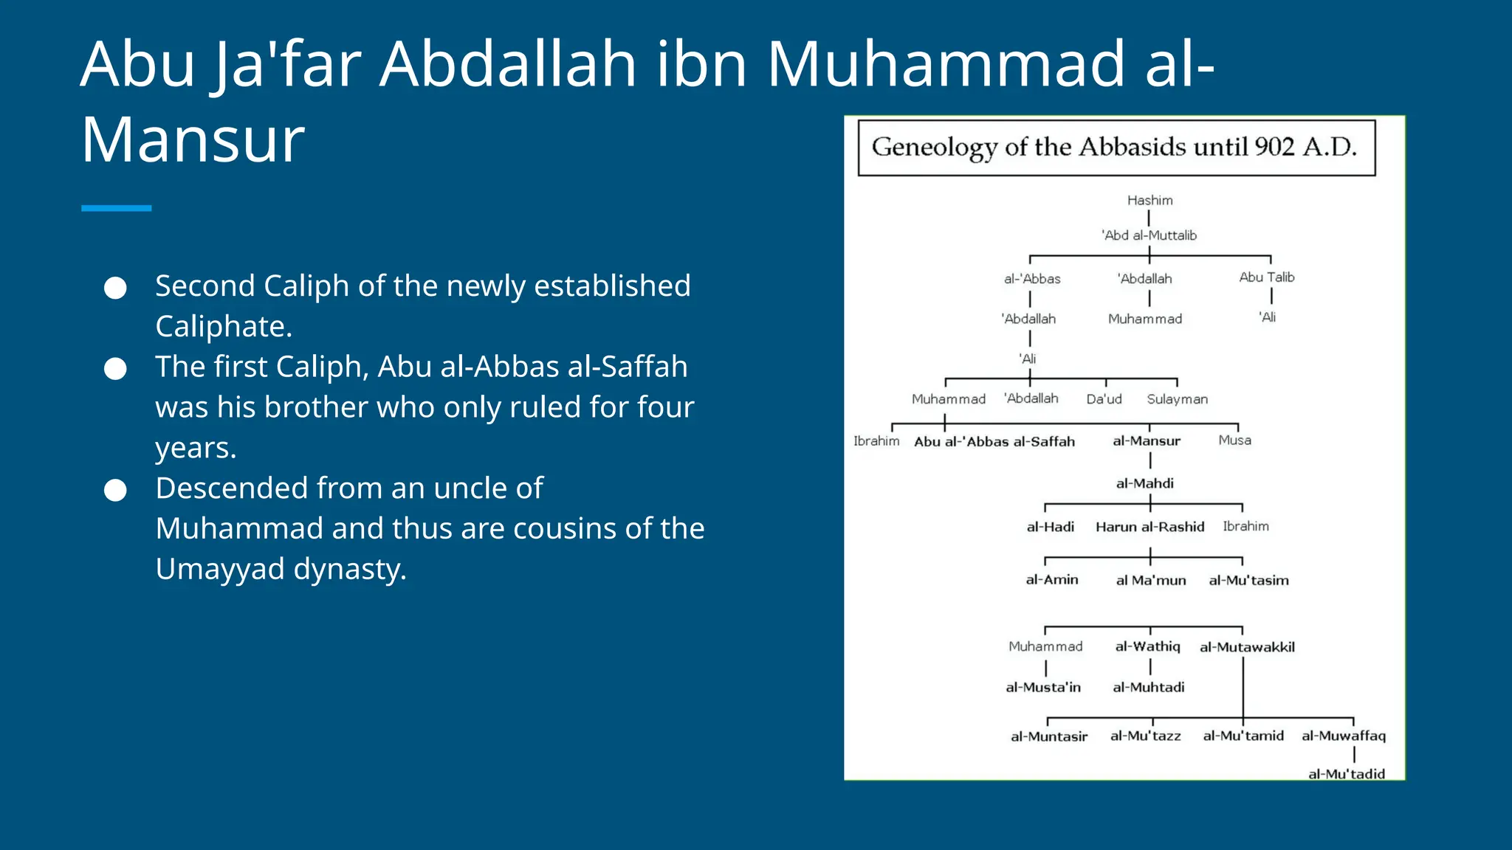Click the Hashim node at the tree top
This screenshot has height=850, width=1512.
pos(1150,200)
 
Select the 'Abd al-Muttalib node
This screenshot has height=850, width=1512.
pos(1149,235)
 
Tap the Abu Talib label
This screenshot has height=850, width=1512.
pos(1266,277)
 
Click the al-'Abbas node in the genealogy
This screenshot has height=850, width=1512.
pos(1031,279)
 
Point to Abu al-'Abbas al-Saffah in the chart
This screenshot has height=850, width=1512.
pos(994,441)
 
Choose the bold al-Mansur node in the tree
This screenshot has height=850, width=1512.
pos(1146,440)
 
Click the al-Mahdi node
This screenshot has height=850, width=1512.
pos(1144,483)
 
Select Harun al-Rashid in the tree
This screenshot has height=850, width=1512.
pos(1150,527)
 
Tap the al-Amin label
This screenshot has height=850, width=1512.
pos(1051,580)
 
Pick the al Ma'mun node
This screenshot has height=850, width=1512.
pos(1150,581)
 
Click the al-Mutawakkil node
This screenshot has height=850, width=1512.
pos(1246,647)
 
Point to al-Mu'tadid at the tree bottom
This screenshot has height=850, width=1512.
pos(1346,773)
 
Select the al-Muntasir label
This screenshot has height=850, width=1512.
pos(1048,736)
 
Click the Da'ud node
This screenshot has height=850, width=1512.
pos(1104,399)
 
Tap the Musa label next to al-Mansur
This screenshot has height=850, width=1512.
pos(1234,440)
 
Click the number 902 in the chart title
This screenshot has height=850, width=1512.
pos(1274,147)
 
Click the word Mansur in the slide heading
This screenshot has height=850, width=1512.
pos(193,139)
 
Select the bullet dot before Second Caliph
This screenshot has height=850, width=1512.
pos(115,288)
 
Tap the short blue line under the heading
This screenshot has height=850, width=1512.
pos(116,209)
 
